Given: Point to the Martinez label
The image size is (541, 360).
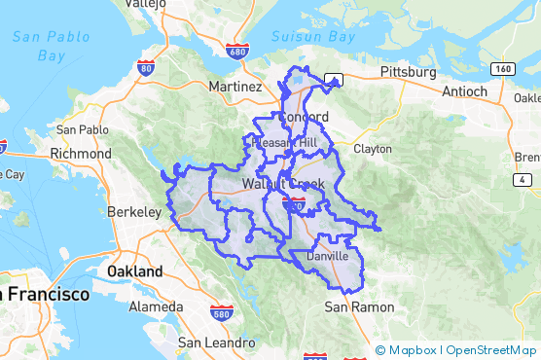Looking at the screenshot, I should pyautogui.click(x=234, y=87).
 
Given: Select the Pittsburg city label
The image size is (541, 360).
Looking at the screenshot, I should pyautogui.click(x=408, y=72).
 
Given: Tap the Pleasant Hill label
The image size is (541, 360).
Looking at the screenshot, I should pyautogui.click(x=283, y=142).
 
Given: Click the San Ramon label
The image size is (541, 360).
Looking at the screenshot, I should pyautogui.click(x=359, y=307).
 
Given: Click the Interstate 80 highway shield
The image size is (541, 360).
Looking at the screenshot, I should pyautogui.click(x=145, y=67).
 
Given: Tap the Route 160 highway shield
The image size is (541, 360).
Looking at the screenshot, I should pyautogui.click(x=503, y=68).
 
